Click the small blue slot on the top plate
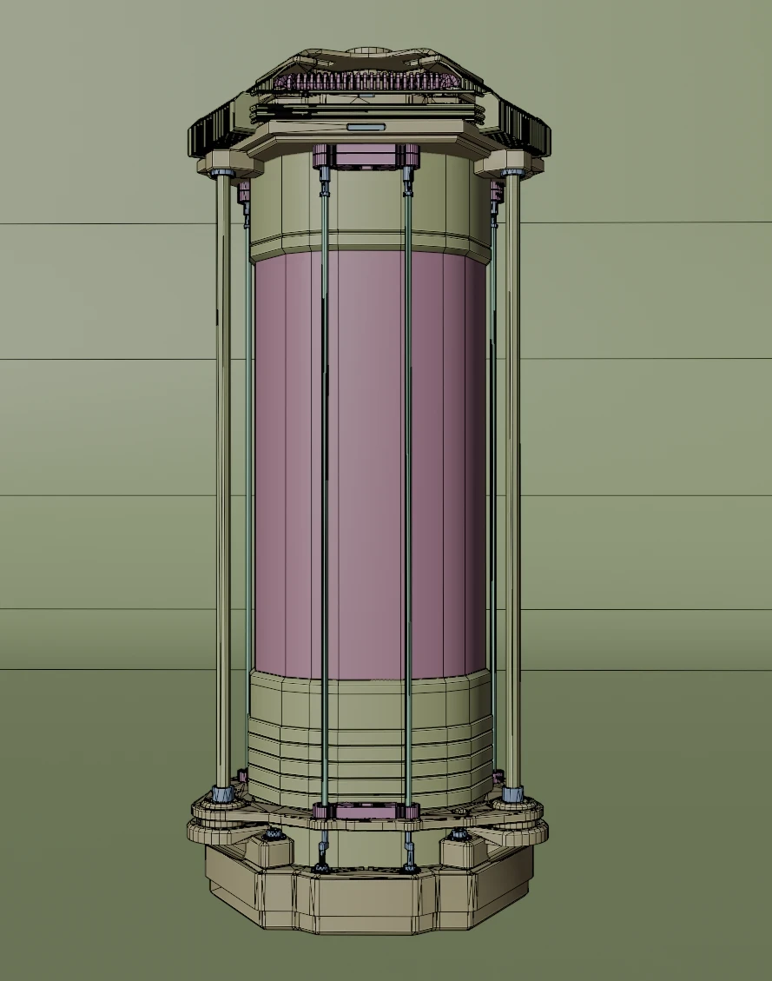click(366, 127)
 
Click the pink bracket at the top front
click(366, 157)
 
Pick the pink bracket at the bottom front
click(366, 812)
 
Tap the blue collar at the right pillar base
click(512, 793)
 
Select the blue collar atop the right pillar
click(511, 174)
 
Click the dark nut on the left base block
click(275, 834)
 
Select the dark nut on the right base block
click(459, 835)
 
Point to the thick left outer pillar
click(223, 478)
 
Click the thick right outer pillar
click(512, 478)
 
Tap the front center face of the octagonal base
click(365, 904)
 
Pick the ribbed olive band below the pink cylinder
click(369, 747)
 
